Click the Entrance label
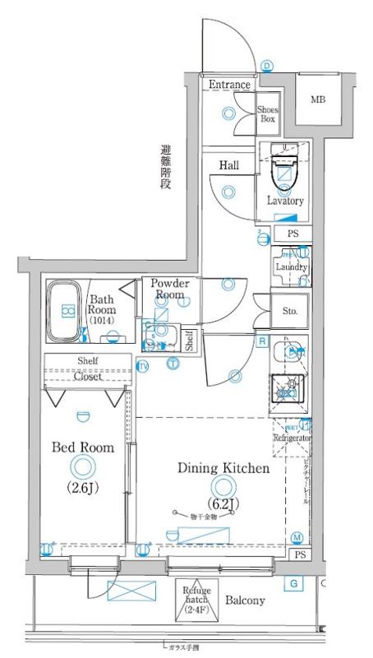tap(230, 85)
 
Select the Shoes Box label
tap(268, 114)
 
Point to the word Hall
tap(228, 165)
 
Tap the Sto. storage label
tap(290, 312)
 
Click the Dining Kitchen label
tap(223, 469)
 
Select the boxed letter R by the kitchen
tap(261, 341)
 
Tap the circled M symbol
tap(297, 538)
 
